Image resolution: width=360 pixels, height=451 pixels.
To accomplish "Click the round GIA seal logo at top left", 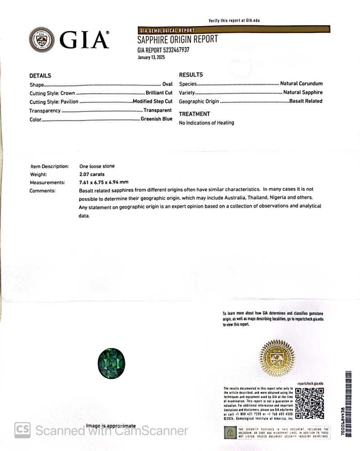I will tap(42, 40).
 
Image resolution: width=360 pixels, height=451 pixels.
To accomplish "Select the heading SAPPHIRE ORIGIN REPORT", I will tap(177, 39).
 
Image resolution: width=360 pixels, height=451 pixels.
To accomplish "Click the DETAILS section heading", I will tap(40, 76).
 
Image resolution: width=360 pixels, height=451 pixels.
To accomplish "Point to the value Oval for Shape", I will tap(167, 84).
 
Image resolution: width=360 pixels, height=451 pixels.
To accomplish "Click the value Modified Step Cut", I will tap(152, 102).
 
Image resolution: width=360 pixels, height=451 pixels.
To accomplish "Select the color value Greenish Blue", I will tap(156, 119).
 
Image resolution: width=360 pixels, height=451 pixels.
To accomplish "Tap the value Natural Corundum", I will tap(301, 84).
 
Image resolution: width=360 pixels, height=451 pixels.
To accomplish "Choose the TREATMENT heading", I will tap(194, 114).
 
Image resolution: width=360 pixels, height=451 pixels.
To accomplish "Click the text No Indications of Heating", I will tap(207, 123).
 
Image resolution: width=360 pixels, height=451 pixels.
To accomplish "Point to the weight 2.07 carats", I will tap(92, 174).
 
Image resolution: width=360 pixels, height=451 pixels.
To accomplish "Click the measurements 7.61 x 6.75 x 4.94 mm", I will tap(104, 182).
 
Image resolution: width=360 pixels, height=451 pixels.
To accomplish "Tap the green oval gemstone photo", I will tap(111, 363).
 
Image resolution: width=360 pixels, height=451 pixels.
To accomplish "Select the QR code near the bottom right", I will tap(309, 403).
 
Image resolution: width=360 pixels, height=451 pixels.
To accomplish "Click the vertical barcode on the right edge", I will tap(348, 397).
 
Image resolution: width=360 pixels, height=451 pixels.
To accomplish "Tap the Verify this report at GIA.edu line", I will tap(234, 21).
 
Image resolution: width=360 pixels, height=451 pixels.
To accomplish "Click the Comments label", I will tap(42, 191).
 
